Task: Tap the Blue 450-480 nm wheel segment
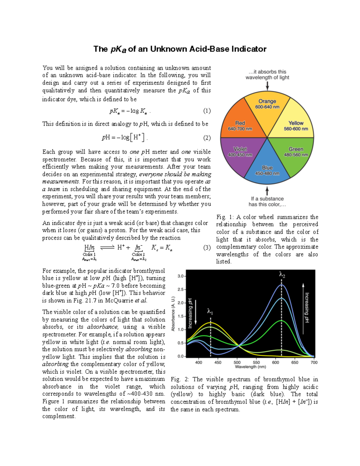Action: [267, 168]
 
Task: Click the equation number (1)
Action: [207, 111]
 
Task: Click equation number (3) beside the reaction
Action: [207, 248]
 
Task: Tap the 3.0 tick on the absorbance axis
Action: [181, 276]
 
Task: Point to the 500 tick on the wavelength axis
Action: [237, 362]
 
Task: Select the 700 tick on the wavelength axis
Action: [314, 362]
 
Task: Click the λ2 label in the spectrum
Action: [282, 275]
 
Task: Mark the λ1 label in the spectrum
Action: [210, 312]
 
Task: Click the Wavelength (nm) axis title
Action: [250, 367]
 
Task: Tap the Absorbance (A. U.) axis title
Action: [173, 314]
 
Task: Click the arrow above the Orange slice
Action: [267, 86]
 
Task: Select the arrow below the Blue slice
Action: [267, 191]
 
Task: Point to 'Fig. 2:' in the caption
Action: [179, 379]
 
